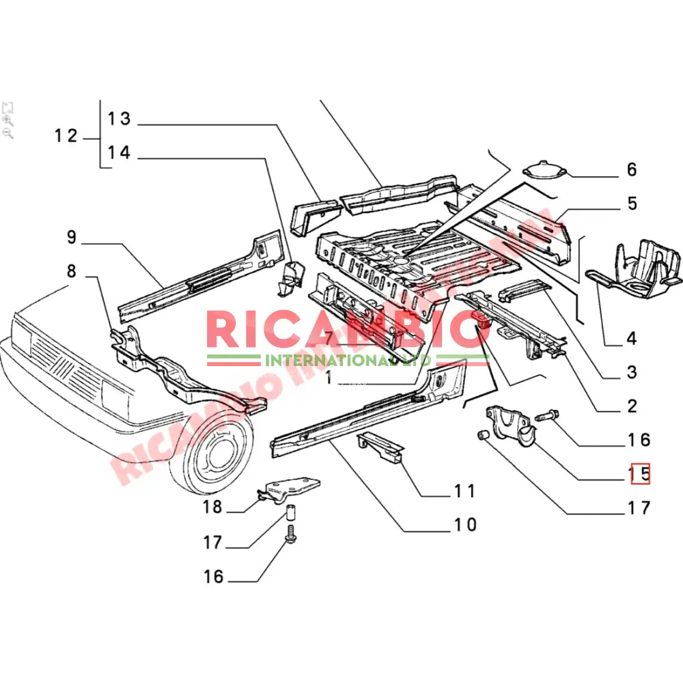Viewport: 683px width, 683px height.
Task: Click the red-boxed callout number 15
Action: tap(640, 473)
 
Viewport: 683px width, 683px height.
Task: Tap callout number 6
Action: tap(631, 169)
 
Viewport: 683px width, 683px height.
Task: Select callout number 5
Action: tap(631, 203)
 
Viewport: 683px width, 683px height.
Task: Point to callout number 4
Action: tap(631, 337)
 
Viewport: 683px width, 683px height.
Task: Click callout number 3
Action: tap(631, 372)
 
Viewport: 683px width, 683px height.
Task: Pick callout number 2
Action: tap(631, 406)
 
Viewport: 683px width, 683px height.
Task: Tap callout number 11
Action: tap(464, 490)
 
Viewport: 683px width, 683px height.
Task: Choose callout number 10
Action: tap(464, 525)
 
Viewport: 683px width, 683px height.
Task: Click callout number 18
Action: tap(212, 507)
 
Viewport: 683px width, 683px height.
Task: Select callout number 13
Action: tap(119, 119)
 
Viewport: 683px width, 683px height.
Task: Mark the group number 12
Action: tap(66, 136)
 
